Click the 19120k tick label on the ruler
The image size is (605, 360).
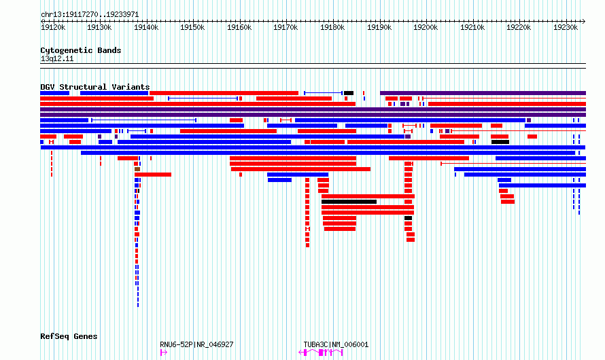[53, 27]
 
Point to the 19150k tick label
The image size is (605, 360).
[192, 27]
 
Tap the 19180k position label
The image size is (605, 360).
[332, 27]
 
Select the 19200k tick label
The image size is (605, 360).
[426, 27]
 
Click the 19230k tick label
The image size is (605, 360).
[566, 27]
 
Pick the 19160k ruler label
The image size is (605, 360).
[239, 27]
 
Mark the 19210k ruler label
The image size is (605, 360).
[472, 27]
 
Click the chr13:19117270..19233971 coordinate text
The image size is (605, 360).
[90, 15]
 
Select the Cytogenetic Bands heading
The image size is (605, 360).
[81, 50]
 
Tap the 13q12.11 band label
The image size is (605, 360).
[57, 58]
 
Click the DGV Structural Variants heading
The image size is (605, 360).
[95, 87]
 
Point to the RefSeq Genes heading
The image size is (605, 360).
[69, 336]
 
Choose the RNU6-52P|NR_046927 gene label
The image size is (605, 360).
[196, 344]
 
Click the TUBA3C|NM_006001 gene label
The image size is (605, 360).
[336, 344]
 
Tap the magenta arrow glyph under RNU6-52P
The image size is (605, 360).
[164, 353]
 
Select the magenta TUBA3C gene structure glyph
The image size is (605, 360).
[321, 353]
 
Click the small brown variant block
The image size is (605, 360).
[137, 169]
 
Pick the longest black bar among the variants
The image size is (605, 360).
[349, 202]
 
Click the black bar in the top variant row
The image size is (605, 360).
[349, 93]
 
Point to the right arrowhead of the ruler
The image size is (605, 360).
[584, 21]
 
